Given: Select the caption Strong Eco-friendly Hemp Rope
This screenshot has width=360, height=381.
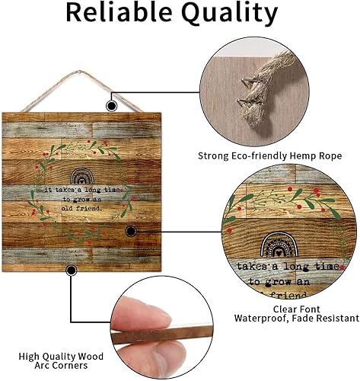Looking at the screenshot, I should click(x=269, y=155).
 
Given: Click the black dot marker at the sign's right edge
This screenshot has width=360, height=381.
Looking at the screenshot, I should click(x=130, y=230).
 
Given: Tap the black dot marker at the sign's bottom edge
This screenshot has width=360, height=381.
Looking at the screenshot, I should click(x=72, y=269).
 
